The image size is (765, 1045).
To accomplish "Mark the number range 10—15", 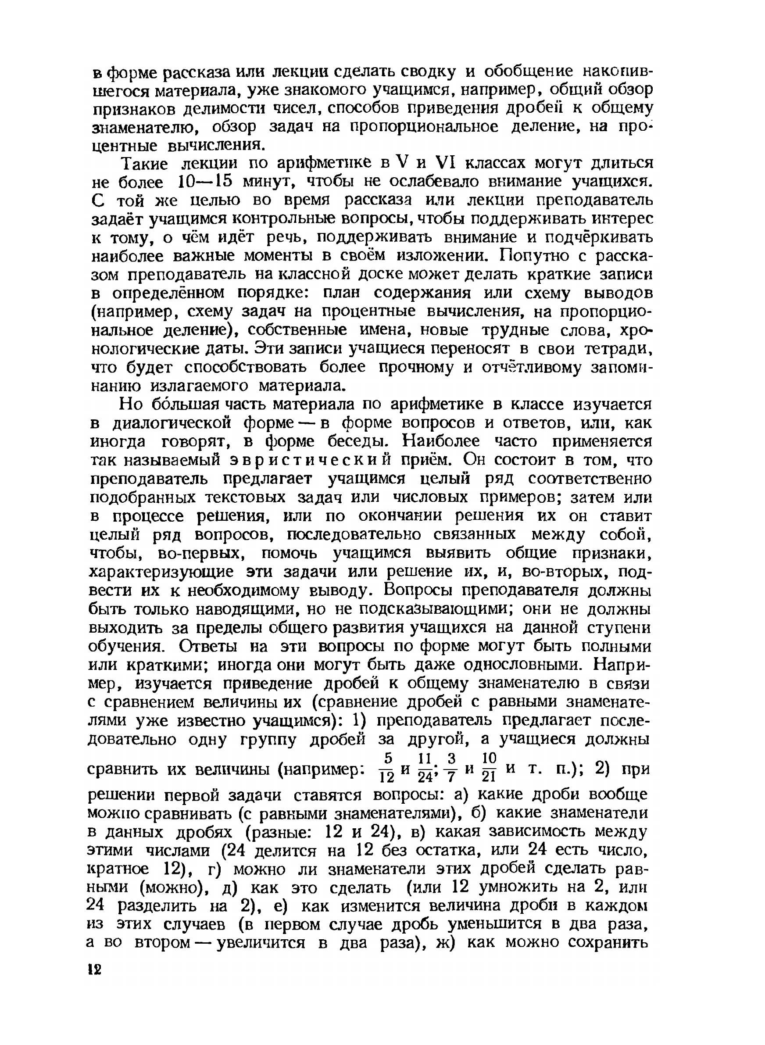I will pyautogui.click(x=205, y=182).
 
